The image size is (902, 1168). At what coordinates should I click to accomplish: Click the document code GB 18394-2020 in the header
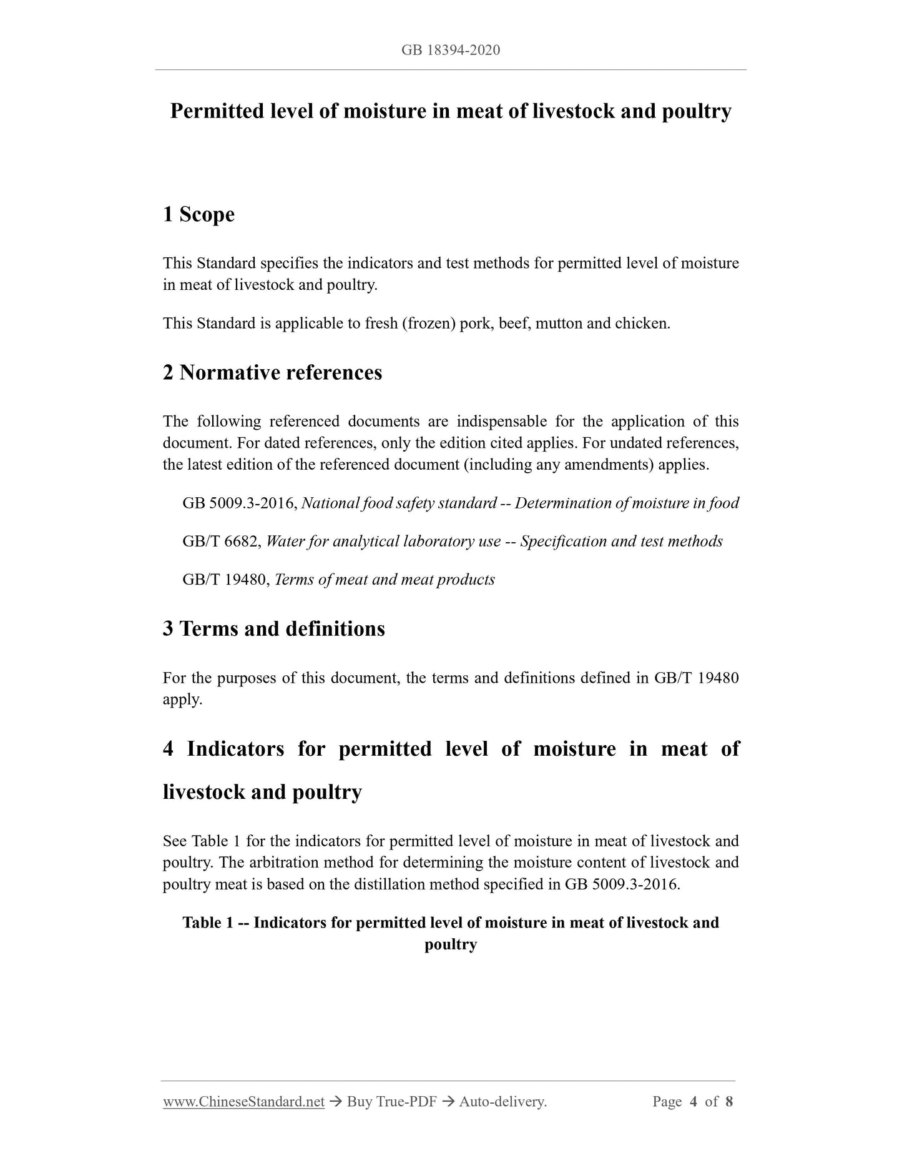point(450,50)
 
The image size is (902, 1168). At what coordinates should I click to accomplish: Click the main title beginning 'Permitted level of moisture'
point(450,111)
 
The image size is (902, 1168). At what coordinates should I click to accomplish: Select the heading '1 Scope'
point(199,214)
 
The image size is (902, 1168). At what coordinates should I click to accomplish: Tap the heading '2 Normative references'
point(272,372)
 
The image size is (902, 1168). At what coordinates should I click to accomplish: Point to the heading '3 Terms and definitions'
point(273,628)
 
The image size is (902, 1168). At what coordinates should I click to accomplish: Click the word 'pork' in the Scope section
point(475,324)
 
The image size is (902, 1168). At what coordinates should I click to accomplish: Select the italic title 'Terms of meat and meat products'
point(385,580)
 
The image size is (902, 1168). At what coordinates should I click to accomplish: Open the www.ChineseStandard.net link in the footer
point(243,1102)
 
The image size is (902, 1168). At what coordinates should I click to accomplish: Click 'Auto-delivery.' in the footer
point(502,1102)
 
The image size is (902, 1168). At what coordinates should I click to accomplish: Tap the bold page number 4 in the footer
point(694,1102)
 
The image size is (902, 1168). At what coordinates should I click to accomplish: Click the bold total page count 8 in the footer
point(728,1102)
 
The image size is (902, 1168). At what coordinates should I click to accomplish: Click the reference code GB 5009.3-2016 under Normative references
point(239,503)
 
